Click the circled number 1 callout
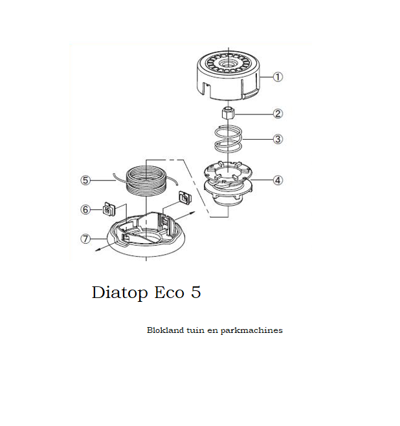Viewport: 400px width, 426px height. click(x=278, y=77)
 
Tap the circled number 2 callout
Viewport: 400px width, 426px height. click(x=278, y=114)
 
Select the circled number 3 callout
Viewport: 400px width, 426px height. click(x=278, y=139)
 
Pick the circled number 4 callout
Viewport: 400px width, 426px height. click(x=278, y=180)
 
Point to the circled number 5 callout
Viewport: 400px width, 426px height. click(x=85, y=180)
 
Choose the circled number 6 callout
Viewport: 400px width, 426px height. click(x=85, y=209)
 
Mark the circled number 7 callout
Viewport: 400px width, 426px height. click(x=85, y=239)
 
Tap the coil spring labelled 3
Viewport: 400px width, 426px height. click(x=228, y=139)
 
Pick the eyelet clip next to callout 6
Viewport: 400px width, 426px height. click(x=109, y=209)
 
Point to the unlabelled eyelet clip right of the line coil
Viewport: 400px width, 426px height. click(x=184, y=197)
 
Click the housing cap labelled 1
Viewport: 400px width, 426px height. click(x=228, y=75)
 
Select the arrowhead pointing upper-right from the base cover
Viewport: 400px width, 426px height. click(x=192, y=213)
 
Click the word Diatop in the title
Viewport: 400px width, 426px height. click(x=120, y=293)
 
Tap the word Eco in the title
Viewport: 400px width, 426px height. click(x=169, y=292)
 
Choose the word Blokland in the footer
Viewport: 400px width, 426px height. click(x=166, y=330)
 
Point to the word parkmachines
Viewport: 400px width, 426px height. click(x=251, y=330)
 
